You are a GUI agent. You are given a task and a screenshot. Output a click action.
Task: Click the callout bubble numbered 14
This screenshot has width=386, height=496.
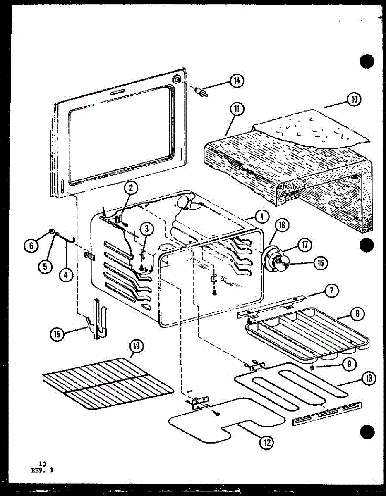point(237,81)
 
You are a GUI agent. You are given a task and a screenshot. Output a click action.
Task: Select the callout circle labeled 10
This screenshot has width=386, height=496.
point(354,100)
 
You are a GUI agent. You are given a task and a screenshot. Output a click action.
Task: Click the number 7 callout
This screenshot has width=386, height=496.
point(331,291)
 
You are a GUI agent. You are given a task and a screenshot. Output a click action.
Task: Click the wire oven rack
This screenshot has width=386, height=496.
point(108,384)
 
